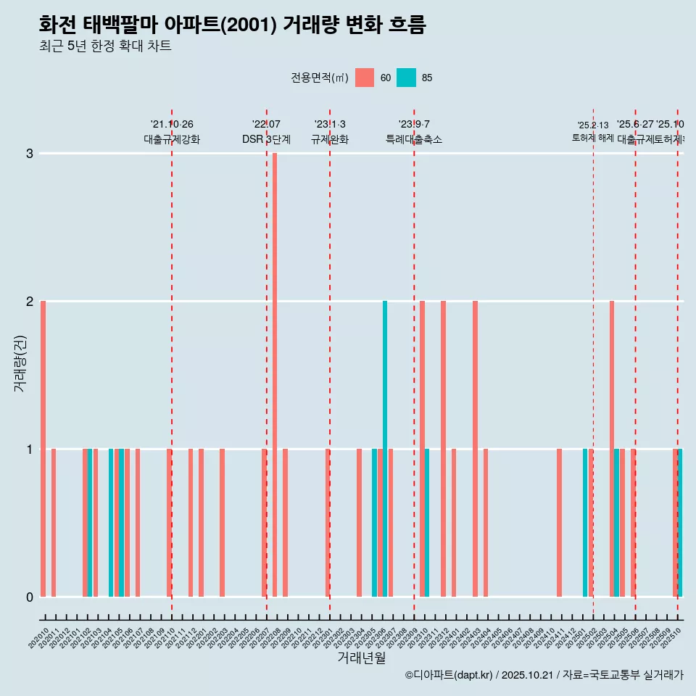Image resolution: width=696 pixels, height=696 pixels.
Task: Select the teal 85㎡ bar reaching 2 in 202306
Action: click(x=385, y=449)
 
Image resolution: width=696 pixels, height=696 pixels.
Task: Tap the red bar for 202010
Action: click(x=43, y=449)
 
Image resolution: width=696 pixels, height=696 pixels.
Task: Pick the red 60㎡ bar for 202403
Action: click(x=475, y=449)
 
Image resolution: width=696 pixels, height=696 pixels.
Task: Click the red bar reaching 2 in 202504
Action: click(x=612, y=449)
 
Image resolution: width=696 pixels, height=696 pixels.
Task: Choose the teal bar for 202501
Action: click(x=585, y=523)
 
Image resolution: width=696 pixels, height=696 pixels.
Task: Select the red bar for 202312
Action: click(x=443, y=449)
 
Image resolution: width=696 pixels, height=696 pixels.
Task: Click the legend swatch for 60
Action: click(x=365, y=78)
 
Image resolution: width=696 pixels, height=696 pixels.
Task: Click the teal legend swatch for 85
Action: click(x=406, y=78)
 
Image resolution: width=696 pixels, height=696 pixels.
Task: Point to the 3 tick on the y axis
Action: click(x=30, y=153)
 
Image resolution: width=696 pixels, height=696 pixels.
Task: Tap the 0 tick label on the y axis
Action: click(x=30, y=597)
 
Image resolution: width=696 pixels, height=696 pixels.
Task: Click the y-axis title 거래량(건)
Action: click(x=20, y=363)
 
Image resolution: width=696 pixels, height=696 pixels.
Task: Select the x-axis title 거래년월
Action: click(x=361, y=658)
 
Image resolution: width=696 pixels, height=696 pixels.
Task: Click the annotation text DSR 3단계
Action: click(x=266, y=139)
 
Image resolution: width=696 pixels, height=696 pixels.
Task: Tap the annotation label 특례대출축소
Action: click(x=413, y=139)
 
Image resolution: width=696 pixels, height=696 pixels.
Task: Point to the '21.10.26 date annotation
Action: click(x=172, y=125)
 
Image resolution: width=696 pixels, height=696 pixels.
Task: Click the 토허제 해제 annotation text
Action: click(x=592, y=138)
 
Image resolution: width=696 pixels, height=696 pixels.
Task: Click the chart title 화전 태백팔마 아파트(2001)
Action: click(x=232, y=25)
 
